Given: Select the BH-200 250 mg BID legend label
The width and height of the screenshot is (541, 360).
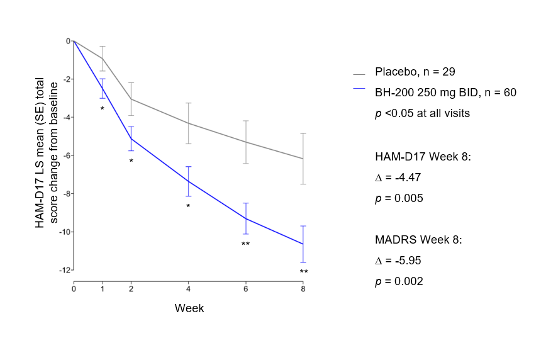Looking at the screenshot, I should [445, 93].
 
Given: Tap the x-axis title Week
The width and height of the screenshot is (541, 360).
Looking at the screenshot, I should [189, 308].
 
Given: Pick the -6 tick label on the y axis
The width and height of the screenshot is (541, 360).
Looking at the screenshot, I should [65, 155].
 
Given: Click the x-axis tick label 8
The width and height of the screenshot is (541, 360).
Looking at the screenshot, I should [303, 289].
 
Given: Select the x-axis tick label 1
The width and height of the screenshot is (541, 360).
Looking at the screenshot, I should [103, 289].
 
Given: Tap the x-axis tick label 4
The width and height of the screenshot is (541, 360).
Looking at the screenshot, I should [188, 289].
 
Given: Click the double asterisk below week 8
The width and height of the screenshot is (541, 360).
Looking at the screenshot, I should [303, 272].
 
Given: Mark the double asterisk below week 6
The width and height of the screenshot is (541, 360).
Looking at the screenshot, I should [245, 244].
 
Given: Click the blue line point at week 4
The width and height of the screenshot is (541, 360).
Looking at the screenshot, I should [188, 181].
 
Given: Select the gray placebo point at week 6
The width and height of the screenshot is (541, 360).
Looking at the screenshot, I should [245, 142].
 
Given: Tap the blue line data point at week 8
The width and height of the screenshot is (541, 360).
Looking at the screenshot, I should [303, 244].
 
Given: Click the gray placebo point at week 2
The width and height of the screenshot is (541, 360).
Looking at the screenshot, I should [131, 99].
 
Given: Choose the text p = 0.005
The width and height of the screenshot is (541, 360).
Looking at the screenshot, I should [399, 198].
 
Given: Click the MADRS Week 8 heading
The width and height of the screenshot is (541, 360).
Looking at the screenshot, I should [418, 240].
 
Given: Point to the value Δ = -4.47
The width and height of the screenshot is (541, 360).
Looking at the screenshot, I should [398, 177].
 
